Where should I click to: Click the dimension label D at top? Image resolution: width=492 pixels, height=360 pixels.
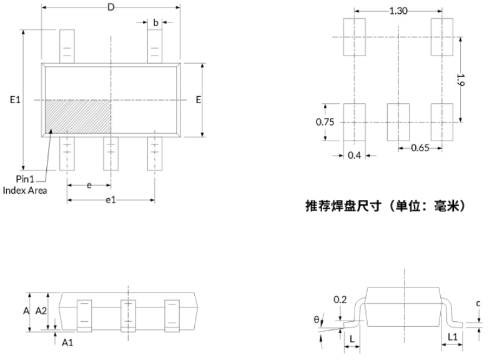[111, 7]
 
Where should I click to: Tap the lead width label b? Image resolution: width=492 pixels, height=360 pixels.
[155, 22]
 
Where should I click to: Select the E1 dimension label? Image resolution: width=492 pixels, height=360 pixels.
[15, 100]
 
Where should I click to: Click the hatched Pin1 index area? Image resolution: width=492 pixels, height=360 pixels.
[78, 116]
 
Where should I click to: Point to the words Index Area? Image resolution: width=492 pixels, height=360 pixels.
[25, 191]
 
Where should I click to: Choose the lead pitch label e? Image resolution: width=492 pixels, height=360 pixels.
[89, 186]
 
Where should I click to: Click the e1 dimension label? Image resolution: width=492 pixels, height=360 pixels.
[111, 200]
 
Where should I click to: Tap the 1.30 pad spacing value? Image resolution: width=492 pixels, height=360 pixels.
[398, 11]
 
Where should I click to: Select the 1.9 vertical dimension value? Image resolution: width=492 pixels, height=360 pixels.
[460, 80]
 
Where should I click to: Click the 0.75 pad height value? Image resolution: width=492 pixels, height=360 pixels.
[325, 122]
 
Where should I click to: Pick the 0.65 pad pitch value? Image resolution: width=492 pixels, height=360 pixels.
[420, 147]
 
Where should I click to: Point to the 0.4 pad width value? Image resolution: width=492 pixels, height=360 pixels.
[354, 155]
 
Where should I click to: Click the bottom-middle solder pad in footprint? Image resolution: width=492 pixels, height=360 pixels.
[398, 122]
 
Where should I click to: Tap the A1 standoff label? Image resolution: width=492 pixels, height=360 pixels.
[67, 342]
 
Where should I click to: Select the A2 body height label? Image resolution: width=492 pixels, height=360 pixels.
[41, 311]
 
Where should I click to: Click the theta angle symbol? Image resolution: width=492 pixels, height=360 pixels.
[317, 319]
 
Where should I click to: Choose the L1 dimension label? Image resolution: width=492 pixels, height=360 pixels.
[452, 337]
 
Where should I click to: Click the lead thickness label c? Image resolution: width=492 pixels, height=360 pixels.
[478, 304]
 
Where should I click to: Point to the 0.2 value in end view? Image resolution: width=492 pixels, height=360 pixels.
[340, 299]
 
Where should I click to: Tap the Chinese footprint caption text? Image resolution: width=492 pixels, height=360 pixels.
[385, 206]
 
